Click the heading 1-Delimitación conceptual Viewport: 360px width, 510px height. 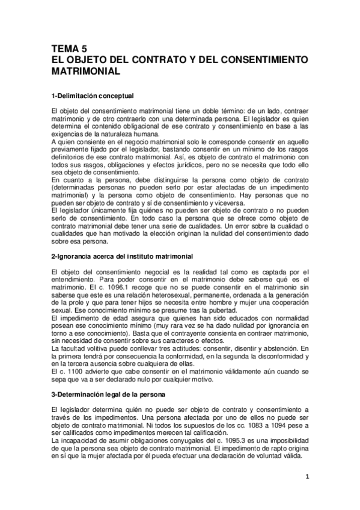tap(92, 96)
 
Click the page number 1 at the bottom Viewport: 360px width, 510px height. tap(307, 478)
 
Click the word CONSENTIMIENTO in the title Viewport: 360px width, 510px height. tap(258, 60)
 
